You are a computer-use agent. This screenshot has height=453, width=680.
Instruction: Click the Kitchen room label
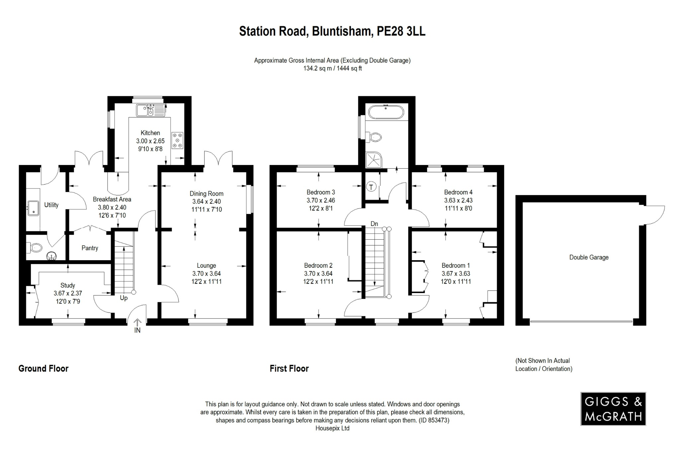click(150, 133)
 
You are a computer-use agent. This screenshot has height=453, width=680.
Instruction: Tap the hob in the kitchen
click(177, 140)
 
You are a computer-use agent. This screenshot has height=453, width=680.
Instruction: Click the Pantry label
click(90, 248)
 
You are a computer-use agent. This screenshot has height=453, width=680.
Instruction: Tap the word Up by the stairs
click(124, 298)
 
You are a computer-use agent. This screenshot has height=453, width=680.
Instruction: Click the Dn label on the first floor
click(374, 224)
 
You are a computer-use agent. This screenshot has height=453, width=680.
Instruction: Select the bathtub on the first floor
click(385, 112)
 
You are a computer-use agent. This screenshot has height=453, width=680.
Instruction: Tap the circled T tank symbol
click(371, 187)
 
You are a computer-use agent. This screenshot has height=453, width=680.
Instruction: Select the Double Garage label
click(589, 258)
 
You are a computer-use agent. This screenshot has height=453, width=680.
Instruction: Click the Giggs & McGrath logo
click(613, 409)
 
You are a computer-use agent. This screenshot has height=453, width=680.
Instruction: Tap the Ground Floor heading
click(43, 369)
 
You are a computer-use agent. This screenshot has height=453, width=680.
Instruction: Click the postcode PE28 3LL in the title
click(401, 31)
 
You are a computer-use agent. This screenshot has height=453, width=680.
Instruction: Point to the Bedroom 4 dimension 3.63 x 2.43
click(458, 200)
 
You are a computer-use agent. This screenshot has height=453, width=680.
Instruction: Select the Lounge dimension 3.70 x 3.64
click(206, 274)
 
